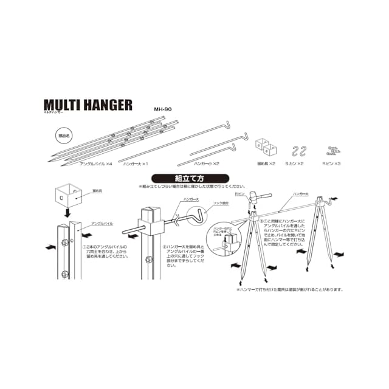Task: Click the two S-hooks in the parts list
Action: (x=298, y=151)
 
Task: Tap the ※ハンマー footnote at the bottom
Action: (x=290, y=289)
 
